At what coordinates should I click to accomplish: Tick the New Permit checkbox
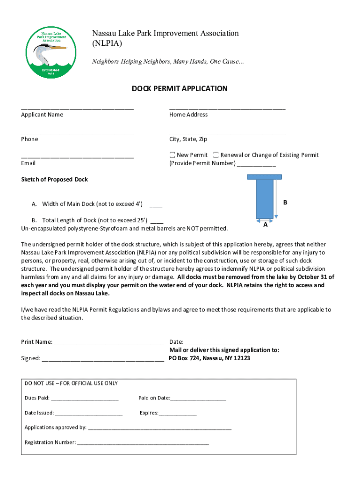point(172,155)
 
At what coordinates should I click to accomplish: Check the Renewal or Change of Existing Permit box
point(216,155)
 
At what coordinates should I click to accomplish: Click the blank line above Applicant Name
point(77,108)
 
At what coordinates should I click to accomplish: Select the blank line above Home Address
point(227,108)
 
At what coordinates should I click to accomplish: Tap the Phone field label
point(29,139)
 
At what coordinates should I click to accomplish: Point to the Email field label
point(28,163)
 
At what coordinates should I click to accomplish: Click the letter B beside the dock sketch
point(285,203)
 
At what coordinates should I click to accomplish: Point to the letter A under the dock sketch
point(265,225)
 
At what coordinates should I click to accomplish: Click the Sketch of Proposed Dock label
point(54,180)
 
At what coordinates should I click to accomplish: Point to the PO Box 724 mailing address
point(209,358)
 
